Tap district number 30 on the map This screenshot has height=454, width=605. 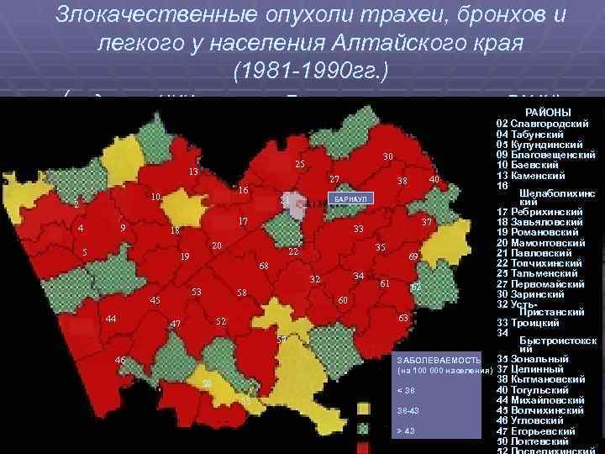pyautogui.click(x=387, y=156)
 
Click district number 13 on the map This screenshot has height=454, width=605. pyautogui.click(x=193, y=172)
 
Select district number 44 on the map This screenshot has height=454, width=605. pyautogui.click(x=111, y=318)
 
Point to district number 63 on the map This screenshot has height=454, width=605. pyautogui.click(x=403, y=318)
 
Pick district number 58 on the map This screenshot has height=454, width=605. pyautogui.click(x=241, y=293)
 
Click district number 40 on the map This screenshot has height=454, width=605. pyautogui.click(x=434, y=180)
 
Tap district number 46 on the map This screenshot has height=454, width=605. pyautogui.click(x=120, y=361)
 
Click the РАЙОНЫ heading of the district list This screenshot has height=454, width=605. pyautogui.click(x=548, y=113)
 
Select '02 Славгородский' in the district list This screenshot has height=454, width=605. pyautogui.click(x=542, y=124)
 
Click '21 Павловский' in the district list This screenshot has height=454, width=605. pyautogui.click(x=538, y=252)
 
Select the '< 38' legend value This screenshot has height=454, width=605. pyautogui.click(x=405, y=389)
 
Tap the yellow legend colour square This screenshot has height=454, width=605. pyautogui.click(x=364, y=409)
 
